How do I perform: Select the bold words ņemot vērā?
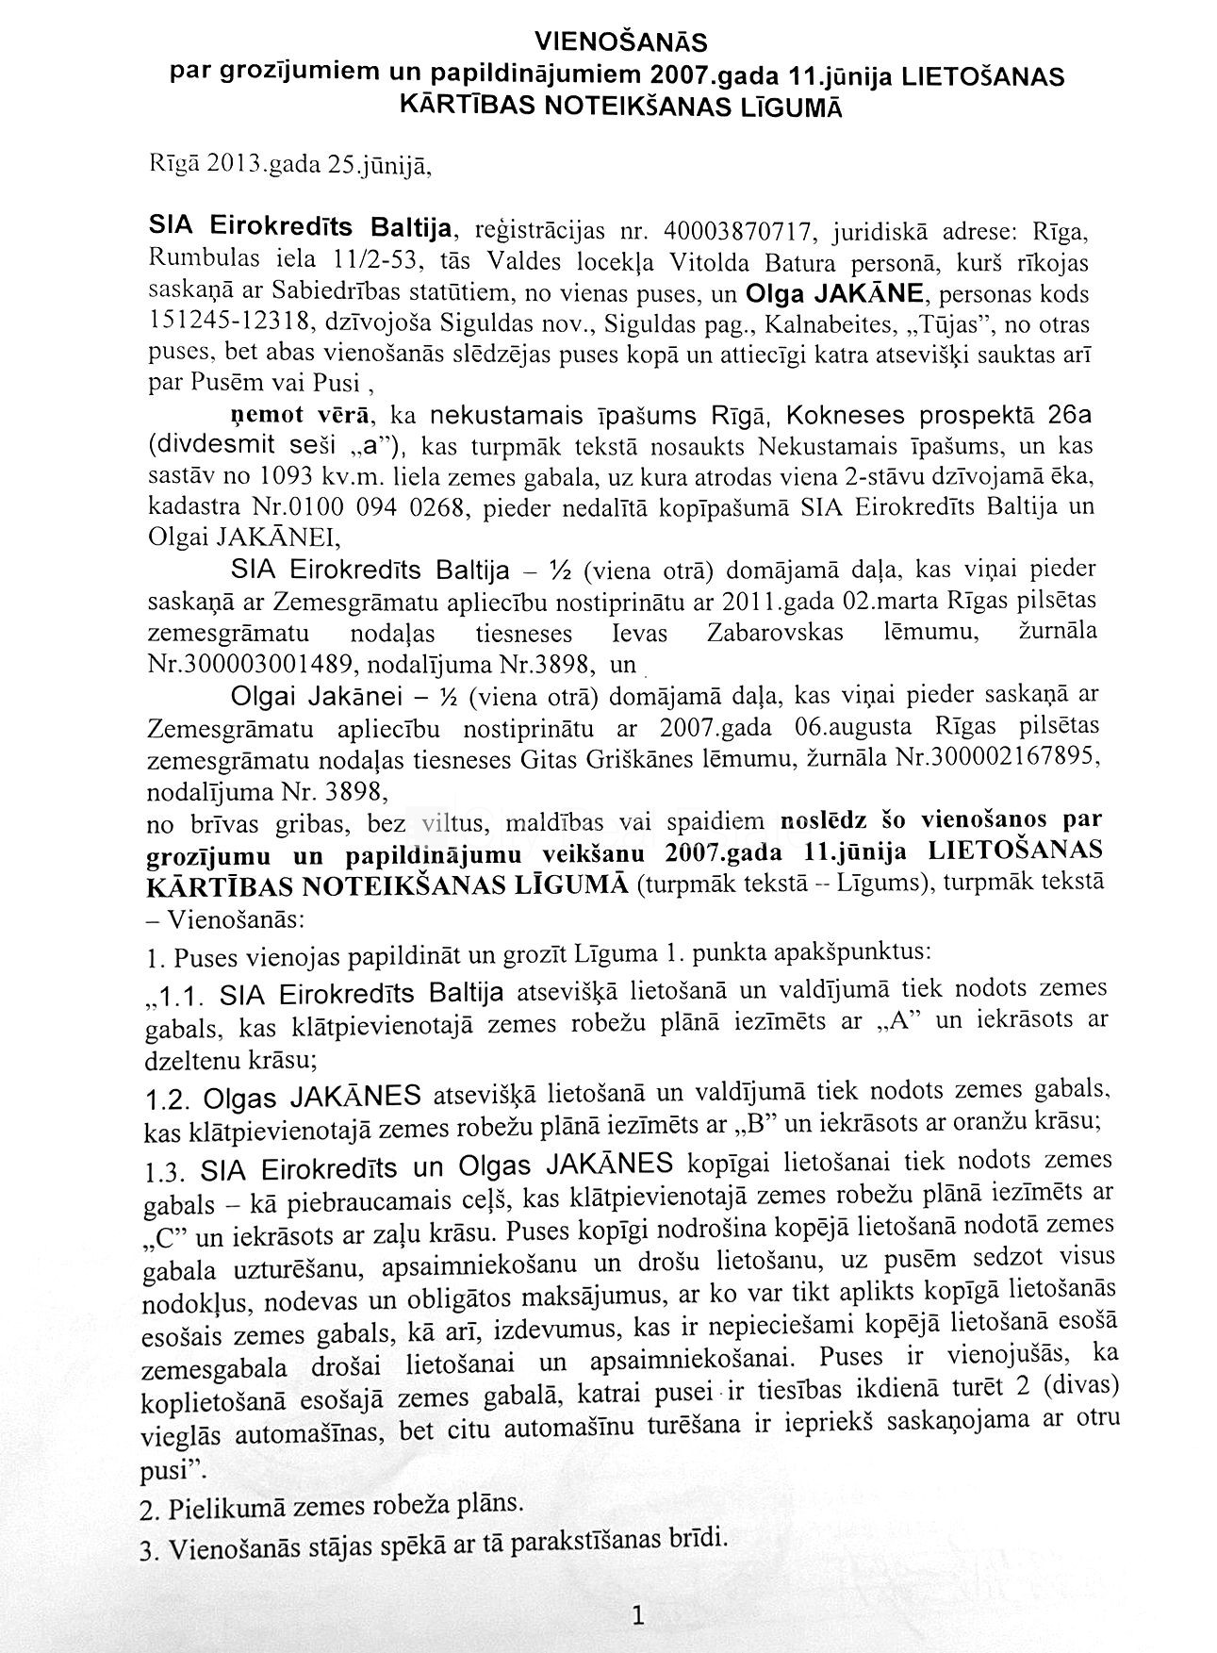coord(289,416)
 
